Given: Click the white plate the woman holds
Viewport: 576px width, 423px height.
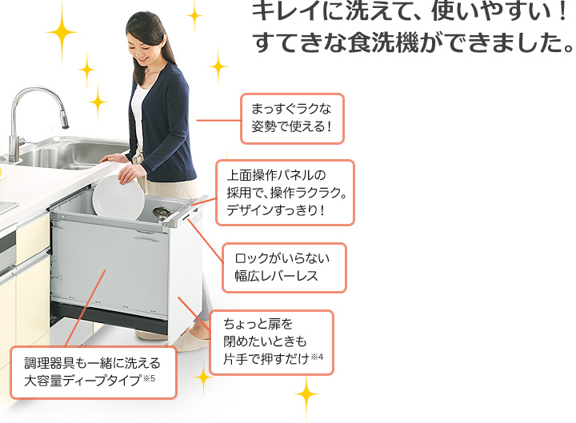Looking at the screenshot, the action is click(118, 198).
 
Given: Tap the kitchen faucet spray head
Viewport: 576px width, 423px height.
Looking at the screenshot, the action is click(64, 119).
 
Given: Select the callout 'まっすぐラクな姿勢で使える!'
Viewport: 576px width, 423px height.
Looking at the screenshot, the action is click(292, 118).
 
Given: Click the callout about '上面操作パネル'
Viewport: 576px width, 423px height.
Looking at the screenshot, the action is click(285, 193).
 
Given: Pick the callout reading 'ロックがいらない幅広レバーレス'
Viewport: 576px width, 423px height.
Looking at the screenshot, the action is click(284, 267).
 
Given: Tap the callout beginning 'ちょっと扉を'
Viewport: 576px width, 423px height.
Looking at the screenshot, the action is click(271, 342).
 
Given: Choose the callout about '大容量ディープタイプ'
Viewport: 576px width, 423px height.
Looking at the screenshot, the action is click(94, 372).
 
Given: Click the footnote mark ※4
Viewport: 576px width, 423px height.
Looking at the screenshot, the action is click(317, 357).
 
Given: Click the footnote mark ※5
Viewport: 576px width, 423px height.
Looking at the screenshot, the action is click(149, 378).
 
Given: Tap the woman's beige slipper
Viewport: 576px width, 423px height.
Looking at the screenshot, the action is click(186, 343).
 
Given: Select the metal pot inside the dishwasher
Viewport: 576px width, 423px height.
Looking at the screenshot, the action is click(162, 213).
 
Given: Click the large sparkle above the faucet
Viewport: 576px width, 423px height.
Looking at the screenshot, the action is click(62, 32).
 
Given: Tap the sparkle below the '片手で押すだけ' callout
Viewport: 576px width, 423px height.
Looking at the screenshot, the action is click(306, 395).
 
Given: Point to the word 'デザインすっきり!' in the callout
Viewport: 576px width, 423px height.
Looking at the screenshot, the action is click(275, 210).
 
